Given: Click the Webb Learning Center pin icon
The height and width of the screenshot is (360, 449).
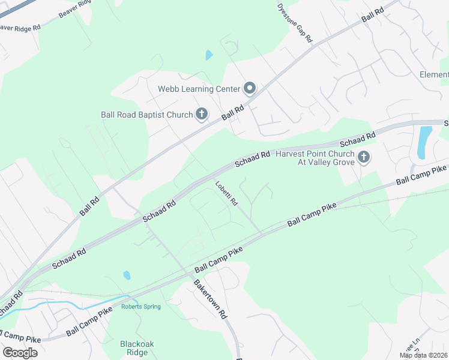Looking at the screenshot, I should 250,89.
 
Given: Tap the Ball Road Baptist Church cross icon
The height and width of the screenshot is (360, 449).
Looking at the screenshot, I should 202,114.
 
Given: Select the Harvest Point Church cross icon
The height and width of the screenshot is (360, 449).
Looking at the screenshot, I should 363,158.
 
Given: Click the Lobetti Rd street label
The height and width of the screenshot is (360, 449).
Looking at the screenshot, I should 227,193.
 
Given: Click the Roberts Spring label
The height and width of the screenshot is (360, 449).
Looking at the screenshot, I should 141,307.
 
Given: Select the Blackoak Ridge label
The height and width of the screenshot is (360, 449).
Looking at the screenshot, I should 137,348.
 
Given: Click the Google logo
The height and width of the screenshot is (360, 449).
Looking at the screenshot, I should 20,352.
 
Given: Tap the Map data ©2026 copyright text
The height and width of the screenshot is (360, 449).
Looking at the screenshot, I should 423,355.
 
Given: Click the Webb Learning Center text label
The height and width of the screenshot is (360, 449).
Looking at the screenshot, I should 199,89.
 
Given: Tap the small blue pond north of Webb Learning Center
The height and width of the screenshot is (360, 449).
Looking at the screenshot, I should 209,55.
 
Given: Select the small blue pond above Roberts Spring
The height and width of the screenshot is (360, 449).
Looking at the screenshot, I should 127,275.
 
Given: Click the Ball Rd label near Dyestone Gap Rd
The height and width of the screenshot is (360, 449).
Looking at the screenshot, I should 373,16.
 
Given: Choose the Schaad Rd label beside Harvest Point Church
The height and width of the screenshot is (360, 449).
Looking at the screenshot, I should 357,140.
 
